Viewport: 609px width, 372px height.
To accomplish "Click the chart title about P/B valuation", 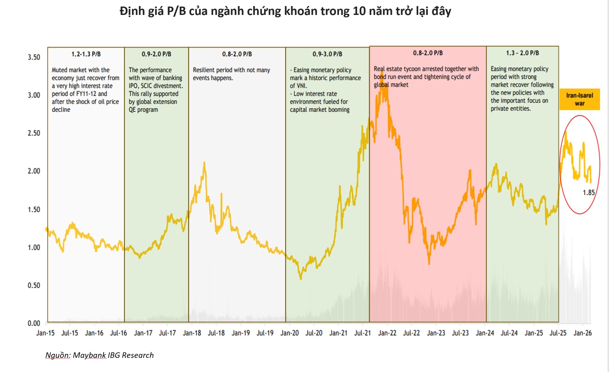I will [x=285, y=11].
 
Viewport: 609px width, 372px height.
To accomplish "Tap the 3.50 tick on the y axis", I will [x=34, y=57].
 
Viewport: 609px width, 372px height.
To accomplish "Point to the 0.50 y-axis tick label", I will [x=34, y=285].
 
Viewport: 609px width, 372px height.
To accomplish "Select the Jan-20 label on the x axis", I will [x=289, y=333].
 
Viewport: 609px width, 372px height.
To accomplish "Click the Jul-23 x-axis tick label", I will [x=460, y=333].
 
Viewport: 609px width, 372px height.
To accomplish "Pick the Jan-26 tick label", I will [x=582, y=333].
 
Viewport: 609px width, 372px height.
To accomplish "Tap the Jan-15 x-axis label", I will [x=45, y=333].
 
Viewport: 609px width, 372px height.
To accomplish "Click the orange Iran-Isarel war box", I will [x=580, y=99].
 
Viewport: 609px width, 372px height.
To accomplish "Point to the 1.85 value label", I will [x=588, y=193].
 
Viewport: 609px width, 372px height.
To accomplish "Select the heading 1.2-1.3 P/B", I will [x=86, y=54].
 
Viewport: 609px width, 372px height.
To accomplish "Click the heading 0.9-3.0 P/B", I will [x=327, y=54].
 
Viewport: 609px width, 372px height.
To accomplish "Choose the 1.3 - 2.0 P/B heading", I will [x=522, y=53].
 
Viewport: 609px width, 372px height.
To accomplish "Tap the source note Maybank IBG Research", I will [x=100, y=355].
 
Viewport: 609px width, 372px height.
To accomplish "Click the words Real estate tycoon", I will [x=397, y=69].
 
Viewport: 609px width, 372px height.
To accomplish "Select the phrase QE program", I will [x=143, y=110].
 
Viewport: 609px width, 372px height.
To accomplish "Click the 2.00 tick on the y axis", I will [x=34, y=171].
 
